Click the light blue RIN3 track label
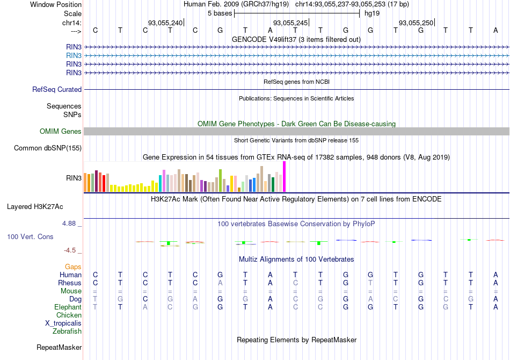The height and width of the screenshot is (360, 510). pyautogui.click(x=74, y=55)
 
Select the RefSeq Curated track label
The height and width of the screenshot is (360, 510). pyautogui.click(x=57, y=90)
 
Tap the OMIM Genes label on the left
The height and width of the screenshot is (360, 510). pyautogui.click(x=60, y=132)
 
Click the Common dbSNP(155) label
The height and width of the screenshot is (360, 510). pyautogui.click(x=48, y=148)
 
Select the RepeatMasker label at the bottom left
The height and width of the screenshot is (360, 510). pyautogui.click(x=59, y=348)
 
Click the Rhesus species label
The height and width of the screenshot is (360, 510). pyautogui.click(x=70, y=283)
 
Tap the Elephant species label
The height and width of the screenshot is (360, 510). pyautogui.click(x=68, y=307)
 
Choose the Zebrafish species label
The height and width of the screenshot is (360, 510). pyautogui.click(x=67, y=332)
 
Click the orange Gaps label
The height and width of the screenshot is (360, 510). pyautogui.click(x=73, y=267)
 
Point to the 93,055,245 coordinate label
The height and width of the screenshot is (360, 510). pyautogui.click(x=290, y=23)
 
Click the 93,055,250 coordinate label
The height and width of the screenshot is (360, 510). pyautogui.click(x=416, y=23)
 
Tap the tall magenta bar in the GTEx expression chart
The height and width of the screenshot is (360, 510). pyautogui.click(x=284, y=176)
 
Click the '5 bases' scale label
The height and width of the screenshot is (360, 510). pyautogui.click(x=220, y=13)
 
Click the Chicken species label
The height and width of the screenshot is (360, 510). pyautogui.click(x=69, y=315)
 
